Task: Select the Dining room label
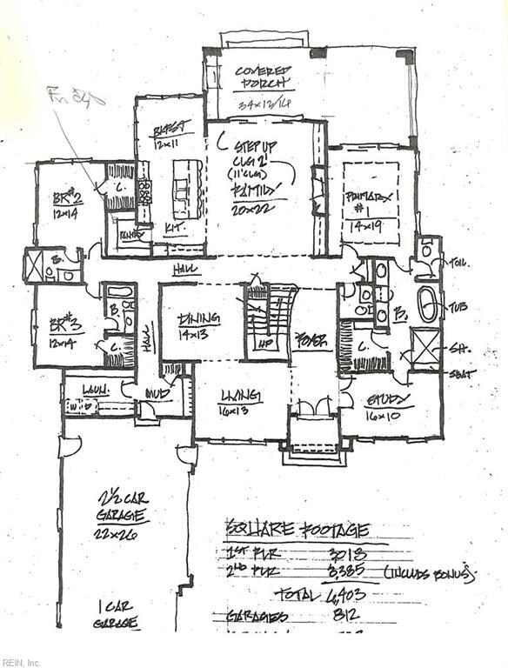[199, 319]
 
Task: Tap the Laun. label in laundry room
[94, 390]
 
